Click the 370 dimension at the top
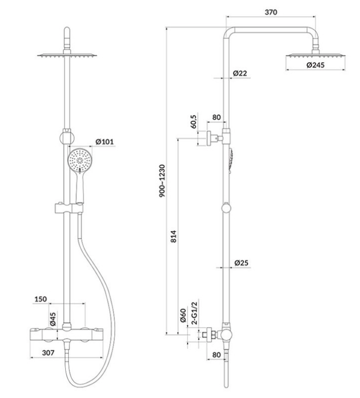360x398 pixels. pos(271,12)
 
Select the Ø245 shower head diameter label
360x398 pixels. pos(316,65)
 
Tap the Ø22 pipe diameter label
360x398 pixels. pos(240,73)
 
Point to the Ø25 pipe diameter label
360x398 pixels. pos(241,262)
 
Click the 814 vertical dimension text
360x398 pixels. pos(173,236)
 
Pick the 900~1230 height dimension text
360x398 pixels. pos(162,181)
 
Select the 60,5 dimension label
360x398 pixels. pos(194,121)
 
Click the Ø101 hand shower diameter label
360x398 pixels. pos(105,142)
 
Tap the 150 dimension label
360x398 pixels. pos(40,299)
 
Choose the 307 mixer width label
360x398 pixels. pos(48,352)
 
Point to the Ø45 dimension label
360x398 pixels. pos(53,319)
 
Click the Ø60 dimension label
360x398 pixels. pos(183,316)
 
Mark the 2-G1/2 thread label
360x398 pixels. pos(194,312)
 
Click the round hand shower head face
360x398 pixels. pos(80,160)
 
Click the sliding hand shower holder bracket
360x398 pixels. pos(69,208)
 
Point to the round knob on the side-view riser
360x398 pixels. pos(226,208)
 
